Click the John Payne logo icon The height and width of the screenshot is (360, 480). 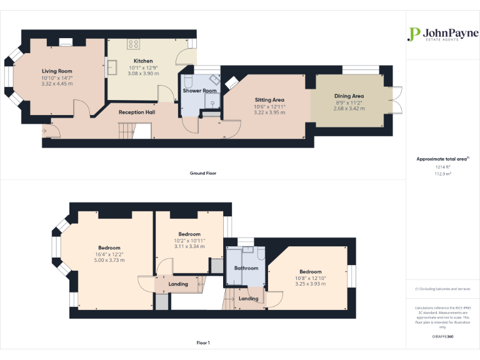[x=413, y=34]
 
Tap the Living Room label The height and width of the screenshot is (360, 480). [x=57, y=71]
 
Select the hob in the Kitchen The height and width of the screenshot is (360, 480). [x=133, y=43]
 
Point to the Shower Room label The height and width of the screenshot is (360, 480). [x=199, y=91]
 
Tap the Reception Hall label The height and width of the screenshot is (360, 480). [x=137, y=112]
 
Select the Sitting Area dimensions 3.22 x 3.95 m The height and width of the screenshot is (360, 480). [x=269, y=112]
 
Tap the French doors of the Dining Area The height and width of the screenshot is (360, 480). [x=396, y=101]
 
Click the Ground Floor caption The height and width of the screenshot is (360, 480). [x=202, y=173]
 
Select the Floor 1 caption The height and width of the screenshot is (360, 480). [x=202, y=342]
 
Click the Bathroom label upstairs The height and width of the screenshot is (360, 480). [x=246, y=268]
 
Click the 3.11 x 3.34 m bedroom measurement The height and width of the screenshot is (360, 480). [x=189, y=246]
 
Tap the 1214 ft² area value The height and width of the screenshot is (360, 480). [x=442, y=167]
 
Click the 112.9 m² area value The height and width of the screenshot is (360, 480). [x=442, y=174]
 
